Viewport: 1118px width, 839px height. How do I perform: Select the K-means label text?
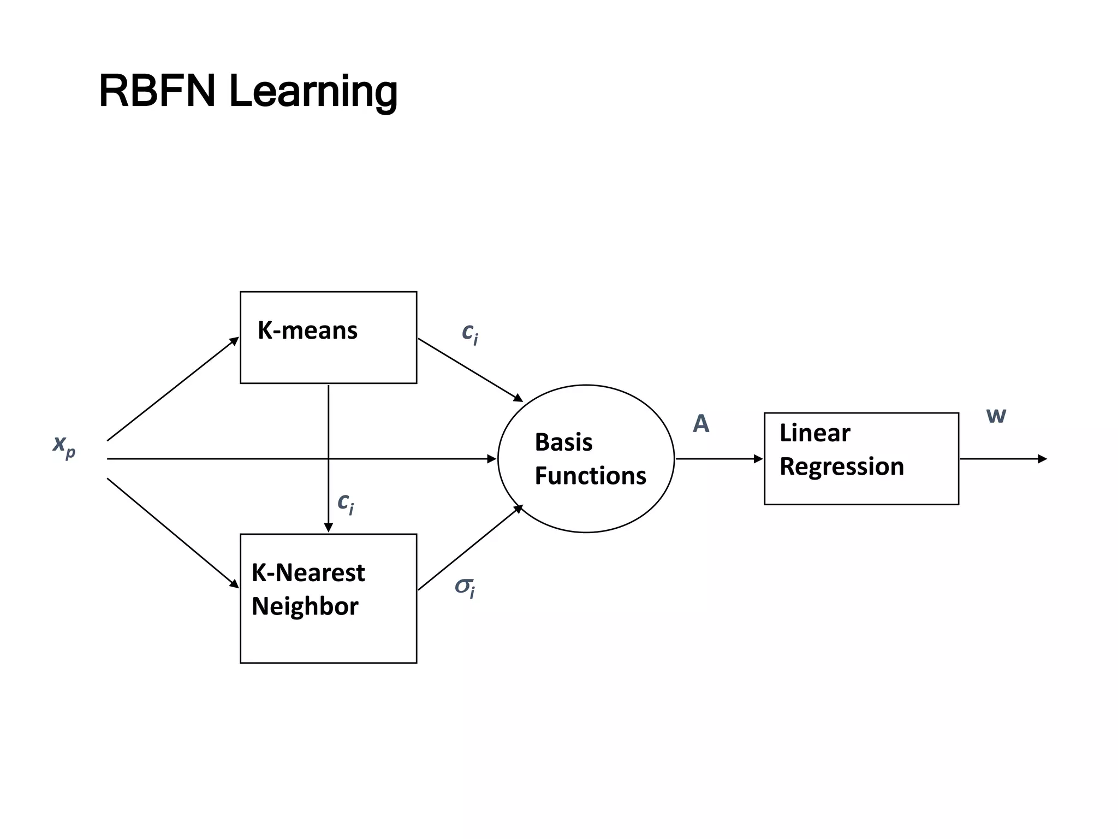tap(307, 330)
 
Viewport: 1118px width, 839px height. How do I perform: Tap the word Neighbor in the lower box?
tap(305, 606)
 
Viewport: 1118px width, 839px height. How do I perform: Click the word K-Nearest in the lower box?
tap(308, 572)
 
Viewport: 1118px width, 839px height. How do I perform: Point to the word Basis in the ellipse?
tap(563, 442)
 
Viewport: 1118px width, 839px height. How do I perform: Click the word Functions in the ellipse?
tap(590, 475)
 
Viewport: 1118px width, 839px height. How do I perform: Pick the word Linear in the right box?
tap(814, 433)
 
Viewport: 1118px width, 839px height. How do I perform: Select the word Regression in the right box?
tap(841, 466)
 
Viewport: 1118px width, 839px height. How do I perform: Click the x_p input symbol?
tap(64, 445)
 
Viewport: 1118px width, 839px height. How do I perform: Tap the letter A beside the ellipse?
tap(701, 424)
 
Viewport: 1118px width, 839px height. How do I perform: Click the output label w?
tap(996, 416)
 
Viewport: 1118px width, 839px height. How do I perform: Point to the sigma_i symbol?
tap(465, 588)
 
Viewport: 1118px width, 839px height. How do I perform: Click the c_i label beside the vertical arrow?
tap(345, 503)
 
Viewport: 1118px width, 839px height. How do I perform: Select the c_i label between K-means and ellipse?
tap(469, 332)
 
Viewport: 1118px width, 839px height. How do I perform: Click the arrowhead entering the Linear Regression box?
tap(758, 459)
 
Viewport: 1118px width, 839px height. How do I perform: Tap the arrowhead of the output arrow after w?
tap(1042, 459)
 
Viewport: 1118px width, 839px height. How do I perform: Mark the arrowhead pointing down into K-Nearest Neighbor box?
tap(328, 528)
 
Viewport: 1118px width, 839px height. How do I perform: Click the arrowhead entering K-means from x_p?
tap(234, 341)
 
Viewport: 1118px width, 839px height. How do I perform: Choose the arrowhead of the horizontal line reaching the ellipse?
tap(492, 459)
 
